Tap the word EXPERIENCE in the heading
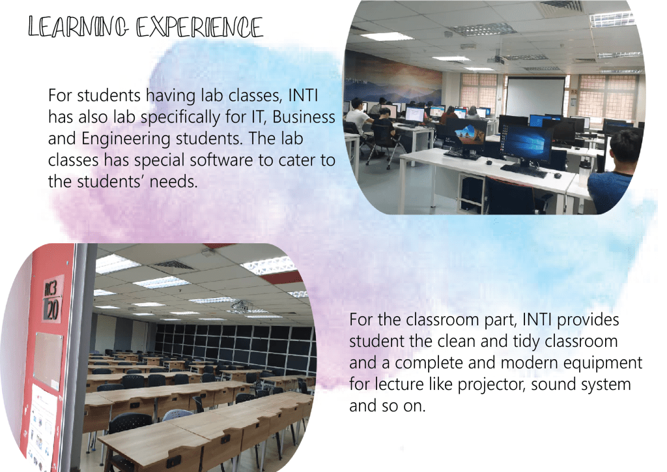pos(199,27)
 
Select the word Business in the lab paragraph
pos(304,117)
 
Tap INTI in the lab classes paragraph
pos(303,95)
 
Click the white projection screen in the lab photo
pos(535,96)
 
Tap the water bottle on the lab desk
pos(584,171)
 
